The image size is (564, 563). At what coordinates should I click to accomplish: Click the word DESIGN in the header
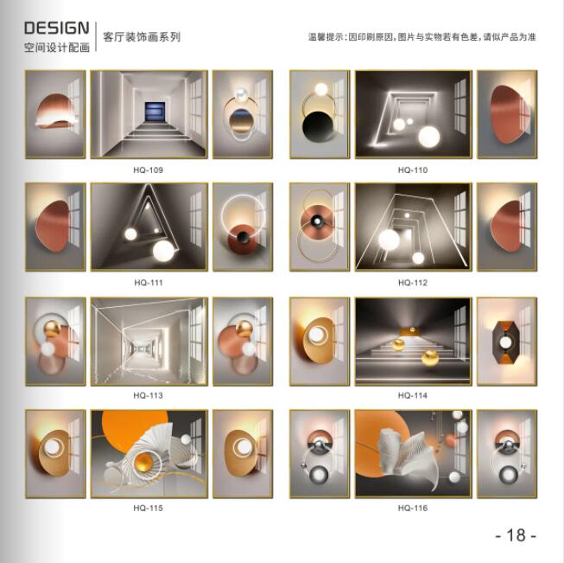click(x=56, y=28)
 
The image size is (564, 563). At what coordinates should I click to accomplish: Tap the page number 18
click(x=516, y=535)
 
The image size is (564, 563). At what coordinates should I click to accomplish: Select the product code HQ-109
click(x=149, y=170)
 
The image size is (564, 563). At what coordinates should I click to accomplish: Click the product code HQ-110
click(x=413, y=170)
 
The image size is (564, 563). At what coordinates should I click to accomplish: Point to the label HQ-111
click(x=149, y=283)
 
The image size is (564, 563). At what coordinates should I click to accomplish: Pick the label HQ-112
click(x=413, y=283)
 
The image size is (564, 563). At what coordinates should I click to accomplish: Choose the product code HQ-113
click(x=149, y=395)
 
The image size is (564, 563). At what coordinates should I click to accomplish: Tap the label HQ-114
click(x=413, y=395)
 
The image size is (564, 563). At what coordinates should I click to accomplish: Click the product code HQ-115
click(x=149, y=509)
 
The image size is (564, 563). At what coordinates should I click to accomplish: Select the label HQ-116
click(x=413, y=509)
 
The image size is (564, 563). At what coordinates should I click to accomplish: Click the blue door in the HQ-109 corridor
click(x=155, y=112)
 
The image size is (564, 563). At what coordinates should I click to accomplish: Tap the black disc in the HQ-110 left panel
click(x=319, y=128)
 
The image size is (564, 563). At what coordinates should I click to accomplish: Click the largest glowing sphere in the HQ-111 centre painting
click(x=163, y=251)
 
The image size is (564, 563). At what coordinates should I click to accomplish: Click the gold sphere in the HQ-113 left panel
click(x=52, y=329)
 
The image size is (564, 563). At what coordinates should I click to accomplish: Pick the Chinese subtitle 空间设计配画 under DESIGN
click(x=57, y=48)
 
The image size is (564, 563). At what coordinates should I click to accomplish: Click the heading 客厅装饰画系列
click(x=142, y=36)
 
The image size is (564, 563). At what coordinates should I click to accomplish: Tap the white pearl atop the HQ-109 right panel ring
click(x=241, y=94)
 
